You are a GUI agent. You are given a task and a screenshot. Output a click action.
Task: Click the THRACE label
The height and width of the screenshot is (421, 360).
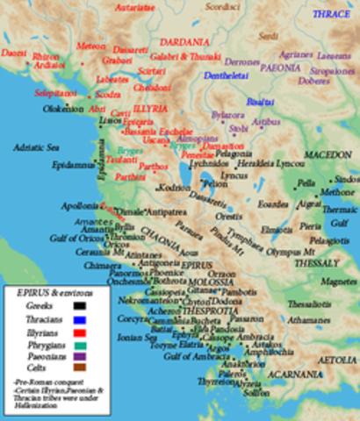[334, 15]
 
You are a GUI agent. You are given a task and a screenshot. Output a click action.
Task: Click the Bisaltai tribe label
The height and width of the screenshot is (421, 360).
[260, 101]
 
